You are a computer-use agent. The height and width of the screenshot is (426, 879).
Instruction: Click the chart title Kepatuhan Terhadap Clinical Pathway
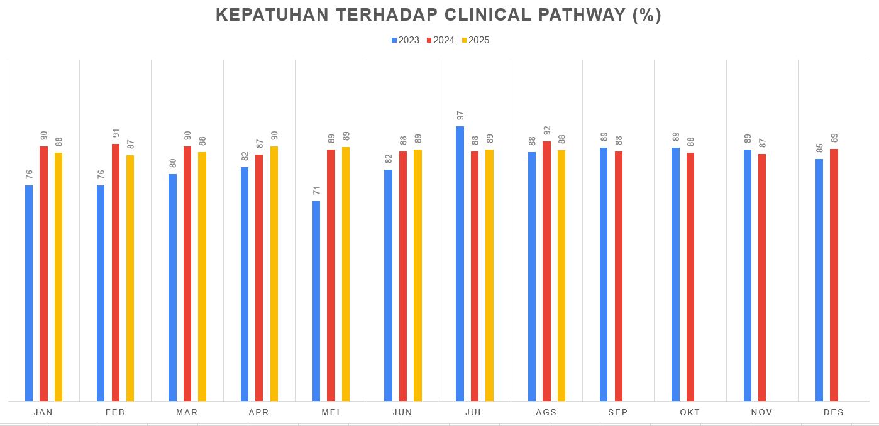[x=438, y=16]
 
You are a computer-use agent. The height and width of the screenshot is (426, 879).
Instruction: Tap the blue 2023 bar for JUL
[x=460, y=264]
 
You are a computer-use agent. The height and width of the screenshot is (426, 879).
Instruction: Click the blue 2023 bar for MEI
[x=316, y=302]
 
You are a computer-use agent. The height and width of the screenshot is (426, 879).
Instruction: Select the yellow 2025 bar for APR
[x=274, y=274]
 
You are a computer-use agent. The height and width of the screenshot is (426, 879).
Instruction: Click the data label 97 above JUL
[x=460, y=116]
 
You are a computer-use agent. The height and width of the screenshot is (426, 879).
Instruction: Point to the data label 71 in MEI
[x=316, y=190]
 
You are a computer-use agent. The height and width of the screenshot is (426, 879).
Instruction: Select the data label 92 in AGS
[x=546, y=131]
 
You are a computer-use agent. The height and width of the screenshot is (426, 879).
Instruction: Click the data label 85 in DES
[x=819, y=148]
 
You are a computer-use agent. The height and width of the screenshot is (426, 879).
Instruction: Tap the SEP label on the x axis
[x=618, y=413]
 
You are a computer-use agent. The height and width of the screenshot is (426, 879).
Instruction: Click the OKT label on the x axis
[x=690, y=413]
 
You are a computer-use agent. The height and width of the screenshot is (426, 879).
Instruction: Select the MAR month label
[x=187, y=413]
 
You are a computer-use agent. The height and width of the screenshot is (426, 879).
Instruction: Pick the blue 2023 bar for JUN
[x=388, y=286]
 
